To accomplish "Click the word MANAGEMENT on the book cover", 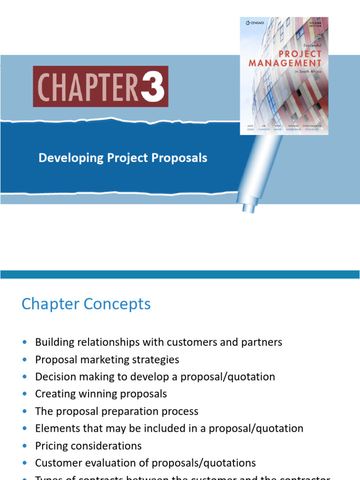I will (285, 63).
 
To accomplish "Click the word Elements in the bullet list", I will (55, 428).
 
